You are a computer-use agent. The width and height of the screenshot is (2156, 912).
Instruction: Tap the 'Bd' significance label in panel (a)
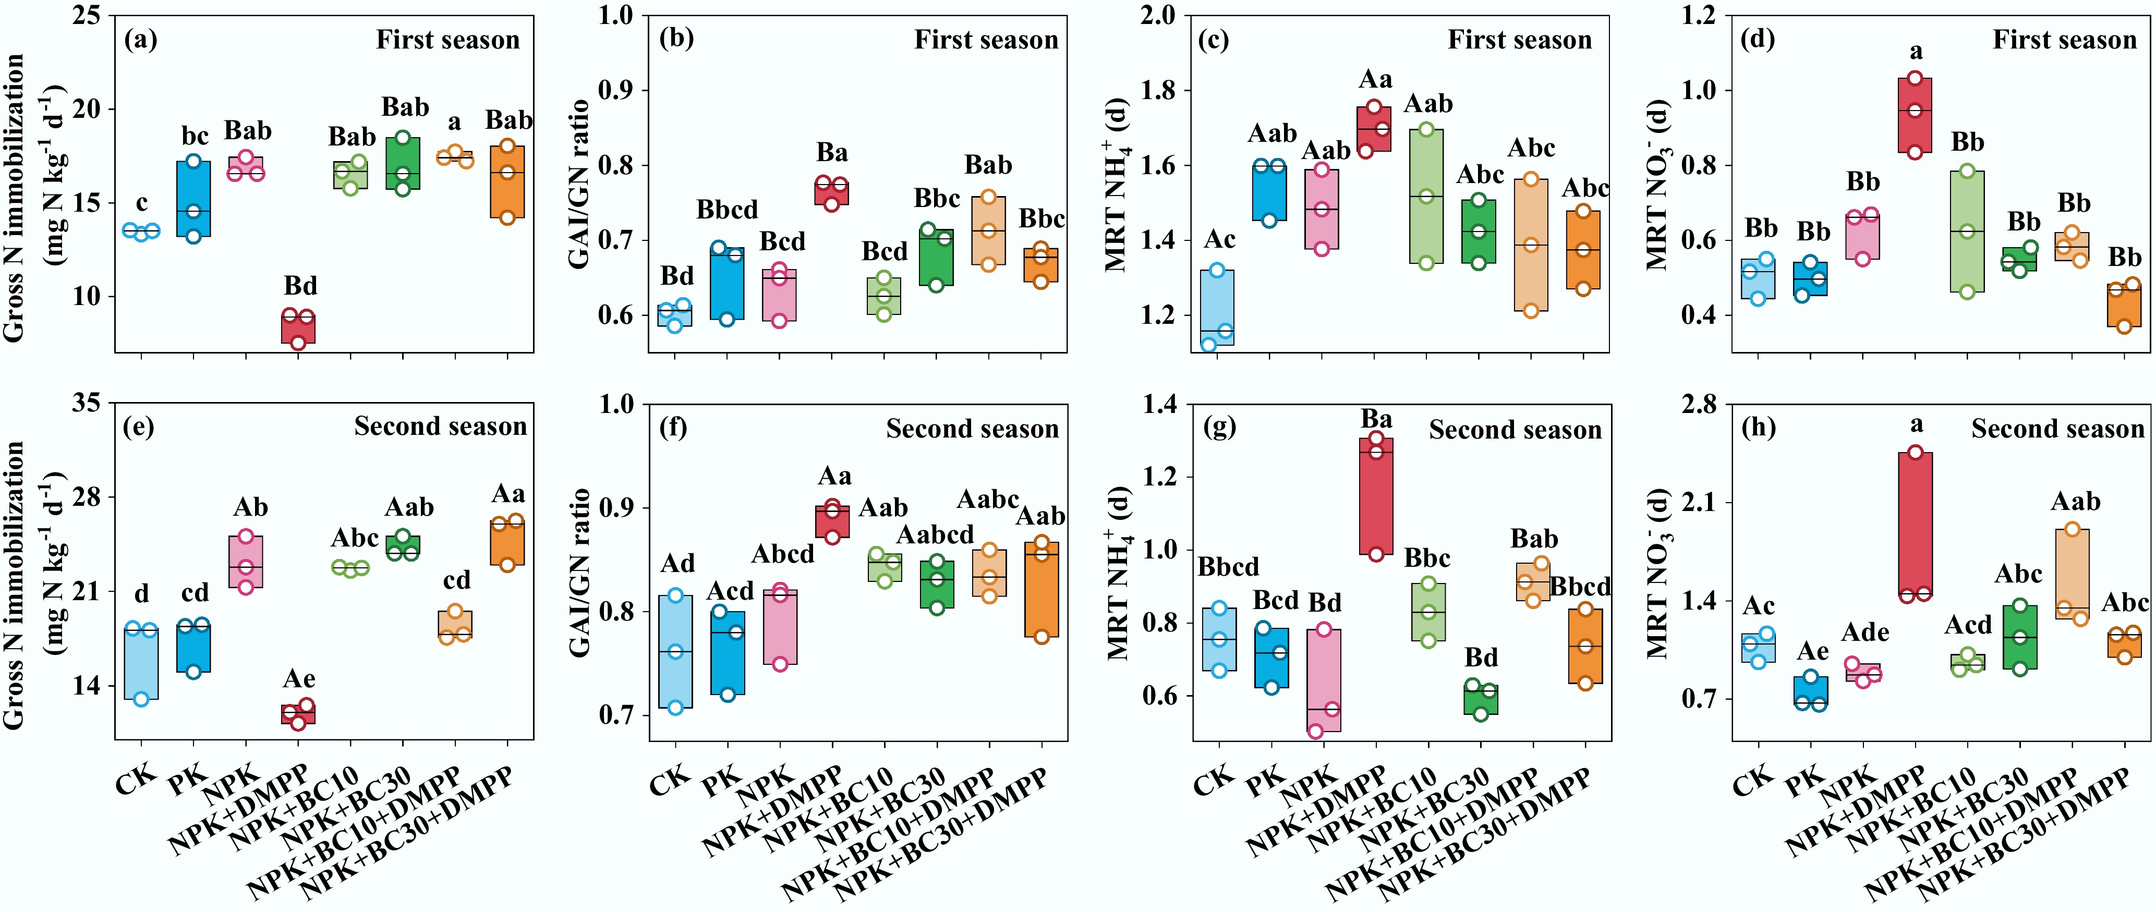click(x=300, y=286)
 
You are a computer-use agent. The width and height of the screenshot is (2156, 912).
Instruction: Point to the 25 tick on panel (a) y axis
click(x=86, y=15)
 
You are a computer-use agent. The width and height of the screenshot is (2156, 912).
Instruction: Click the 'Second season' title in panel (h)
click(x=2057, y=429)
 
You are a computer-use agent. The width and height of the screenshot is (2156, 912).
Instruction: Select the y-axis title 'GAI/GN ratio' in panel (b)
click(x=579, y=184)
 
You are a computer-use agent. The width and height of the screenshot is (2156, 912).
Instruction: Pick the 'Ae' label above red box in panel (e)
click(x=299, y=678)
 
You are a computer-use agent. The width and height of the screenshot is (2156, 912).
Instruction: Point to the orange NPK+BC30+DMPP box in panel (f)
click(x=1041, y=589)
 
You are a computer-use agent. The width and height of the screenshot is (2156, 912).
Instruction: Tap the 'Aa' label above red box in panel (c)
click(x=1375, y=79)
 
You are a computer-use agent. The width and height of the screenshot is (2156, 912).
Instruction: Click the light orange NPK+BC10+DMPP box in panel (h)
click(x=2072, y=574)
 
